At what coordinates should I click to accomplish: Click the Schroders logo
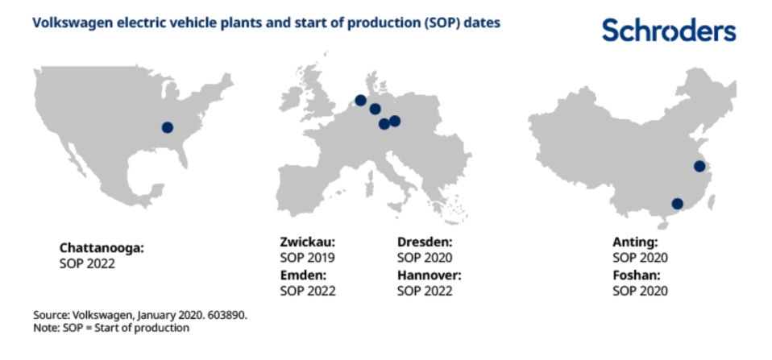(669, 30)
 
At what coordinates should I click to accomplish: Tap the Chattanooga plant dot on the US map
(168, 127)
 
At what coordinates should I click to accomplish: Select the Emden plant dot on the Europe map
(360, 101)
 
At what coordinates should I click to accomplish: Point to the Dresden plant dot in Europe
(395, 121)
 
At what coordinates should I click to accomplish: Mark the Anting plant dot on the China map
(699, 166)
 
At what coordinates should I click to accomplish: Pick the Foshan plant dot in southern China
(678, 204)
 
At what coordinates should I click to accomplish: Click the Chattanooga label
(102, 247)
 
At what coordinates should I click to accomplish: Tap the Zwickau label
(308, 242)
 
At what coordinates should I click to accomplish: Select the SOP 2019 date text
(308, 258)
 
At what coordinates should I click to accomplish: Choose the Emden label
(303, 275)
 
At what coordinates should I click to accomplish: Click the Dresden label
(425, 242)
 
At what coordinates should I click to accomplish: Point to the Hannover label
(430, 275)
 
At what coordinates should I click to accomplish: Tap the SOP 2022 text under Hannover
(425, 291)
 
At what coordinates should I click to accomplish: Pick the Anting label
(635, 242)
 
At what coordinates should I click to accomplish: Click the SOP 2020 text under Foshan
(640, 291)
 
